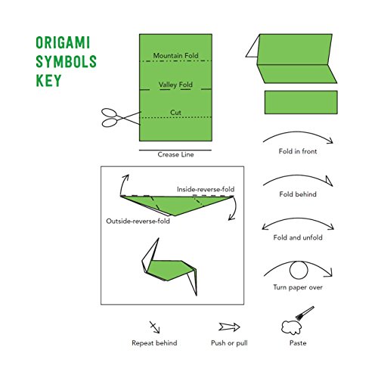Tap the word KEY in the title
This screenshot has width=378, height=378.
(x=47, y=80)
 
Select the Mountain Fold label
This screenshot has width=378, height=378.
(x=175, y=56)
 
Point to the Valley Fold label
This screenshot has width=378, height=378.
(x=175, y=85)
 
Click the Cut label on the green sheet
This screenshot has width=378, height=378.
(x=175, y=113)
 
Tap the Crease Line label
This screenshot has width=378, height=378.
(x=175, y=154)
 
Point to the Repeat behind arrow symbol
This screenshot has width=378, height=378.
(x=156, y=327)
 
